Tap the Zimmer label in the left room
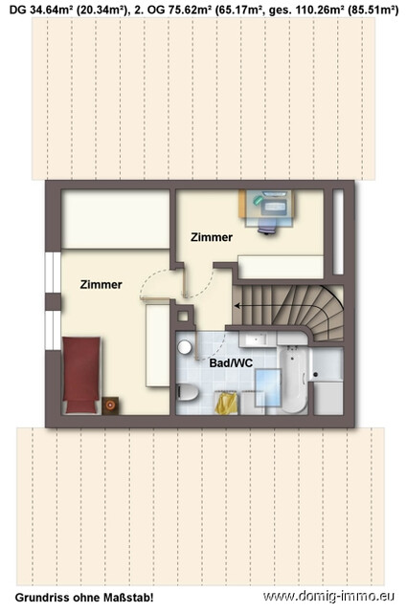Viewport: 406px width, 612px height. pyautogui.click(x=100, y=284)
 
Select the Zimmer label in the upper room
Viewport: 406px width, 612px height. pyautogui.click(x=211, y=236)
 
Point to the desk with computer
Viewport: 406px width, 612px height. pyautogui.click(x=267, y=204)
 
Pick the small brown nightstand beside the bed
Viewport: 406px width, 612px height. pyautogui.click(x=111, y=404)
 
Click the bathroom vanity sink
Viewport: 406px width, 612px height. pyautogui.click(x=257, y=341)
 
